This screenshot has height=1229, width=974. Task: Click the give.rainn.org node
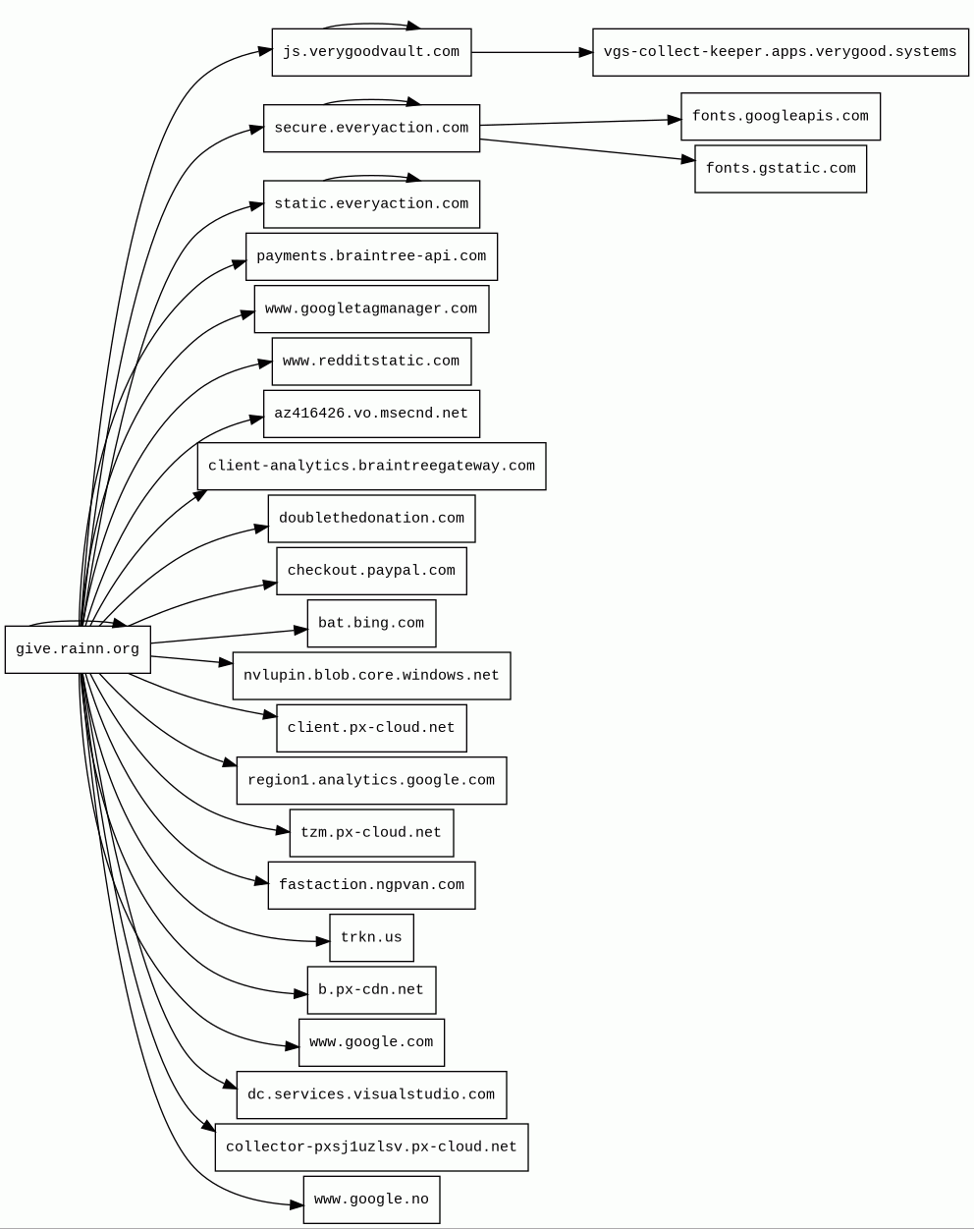point(78,649)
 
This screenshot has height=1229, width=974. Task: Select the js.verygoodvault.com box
point(371,52)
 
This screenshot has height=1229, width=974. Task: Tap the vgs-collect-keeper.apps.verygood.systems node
point(780,52)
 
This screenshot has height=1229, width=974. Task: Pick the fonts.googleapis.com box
point(780,117)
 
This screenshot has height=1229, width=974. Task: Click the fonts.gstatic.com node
point(780,169)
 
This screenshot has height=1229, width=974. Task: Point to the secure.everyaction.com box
point(371,129)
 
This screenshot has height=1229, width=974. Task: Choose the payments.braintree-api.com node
point(371,256)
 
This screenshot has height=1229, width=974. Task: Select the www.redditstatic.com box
point(371,362)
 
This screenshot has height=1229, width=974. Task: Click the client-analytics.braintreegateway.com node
point(371,467)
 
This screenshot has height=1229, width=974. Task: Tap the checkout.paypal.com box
point(371,571)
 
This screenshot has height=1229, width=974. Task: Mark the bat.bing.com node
point(371,624)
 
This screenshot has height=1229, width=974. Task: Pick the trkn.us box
point(371,938)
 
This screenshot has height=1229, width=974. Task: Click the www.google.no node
point(371,1200)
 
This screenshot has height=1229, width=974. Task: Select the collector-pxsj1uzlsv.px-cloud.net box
point(371,1147)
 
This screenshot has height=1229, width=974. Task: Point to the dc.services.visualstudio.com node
point(371,1095)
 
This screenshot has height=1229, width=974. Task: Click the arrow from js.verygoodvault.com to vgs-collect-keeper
point(531,52)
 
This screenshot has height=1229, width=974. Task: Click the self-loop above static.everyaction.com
point(371,177)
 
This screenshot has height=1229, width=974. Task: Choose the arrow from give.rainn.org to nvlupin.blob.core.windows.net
point(191,660)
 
